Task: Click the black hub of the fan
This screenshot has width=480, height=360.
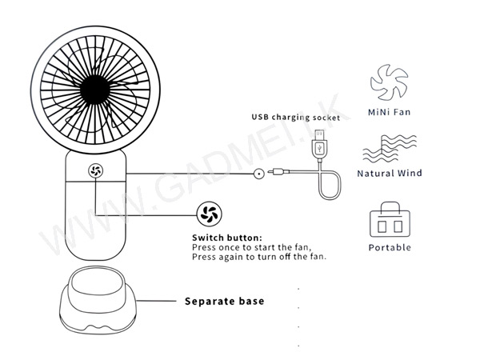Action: coord(95,90)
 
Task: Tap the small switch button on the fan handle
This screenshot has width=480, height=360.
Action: coord(95,170)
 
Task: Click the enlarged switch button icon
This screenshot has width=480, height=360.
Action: coord(209,214)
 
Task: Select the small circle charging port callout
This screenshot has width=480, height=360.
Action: coord(259,174)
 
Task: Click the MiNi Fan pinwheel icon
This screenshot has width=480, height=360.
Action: coord(389,82)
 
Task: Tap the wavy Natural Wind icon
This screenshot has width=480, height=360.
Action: coord(390,149)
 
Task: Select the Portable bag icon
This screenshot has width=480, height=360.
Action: coord(390,219)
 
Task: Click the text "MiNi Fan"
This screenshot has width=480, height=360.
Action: coord(389,112)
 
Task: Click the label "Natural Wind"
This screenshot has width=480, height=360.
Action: coord(390,174)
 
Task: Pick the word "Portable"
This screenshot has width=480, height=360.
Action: coord(390,247)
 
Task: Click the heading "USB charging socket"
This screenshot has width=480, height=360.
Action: coord(296,118)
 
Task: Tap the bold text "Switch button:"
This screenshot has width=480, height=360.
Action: coord(227,238)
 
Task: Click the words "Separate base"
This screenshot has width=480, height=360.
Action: coord(224,302)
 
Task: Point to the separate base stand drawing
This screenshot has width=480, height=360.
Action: coord(98,300)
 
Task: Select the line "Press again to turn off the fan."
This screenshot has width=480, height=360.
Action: coord(259,257)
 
